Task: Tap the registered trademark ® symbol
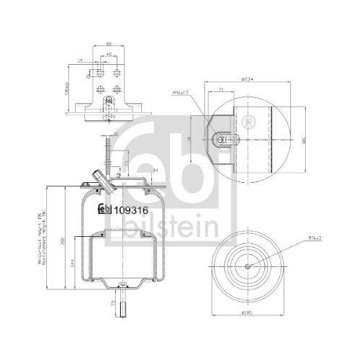[248, 120]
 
